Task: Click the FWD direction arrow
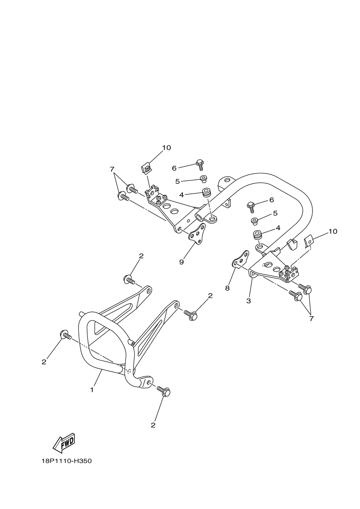tap(64, 442)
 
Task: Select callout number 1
tap(92, 390)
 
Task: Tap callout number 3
tap(248, 301)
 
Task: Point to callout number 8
tap(227, 288)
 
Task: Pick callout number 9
tap(181, 262)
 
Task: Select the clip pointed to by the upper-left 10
tap(146, 168)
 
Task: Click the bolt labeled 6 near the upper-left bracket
tap(200, 164)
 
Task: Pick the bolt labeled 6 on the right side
tap(251, 206)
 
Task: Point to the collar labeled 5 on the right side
tap(254, 221)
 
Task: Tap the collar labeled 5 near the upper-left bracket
tap(203, 179)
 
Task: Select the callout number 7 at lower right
tap(311, 318)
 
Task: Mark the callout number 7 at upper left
tap(112, 169)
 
